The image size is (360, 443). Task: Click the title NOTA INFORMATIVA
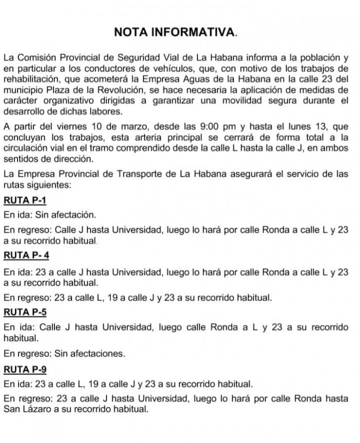(x=176, y=32)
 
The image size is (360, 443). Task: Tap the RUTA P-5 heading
(x=25, y=311)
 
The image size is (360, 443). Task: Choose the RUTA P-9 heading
(x=25, y=368)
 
